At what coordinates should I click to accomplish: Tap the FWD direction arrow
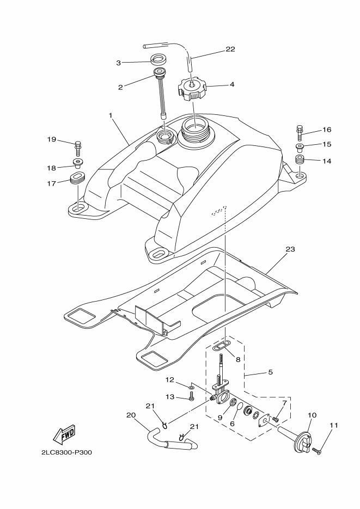click(x=64, y=434)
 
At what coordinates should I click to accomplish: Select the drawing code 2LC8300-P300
click(x=66, y=452)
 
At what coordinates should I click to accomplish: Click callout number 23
click(x=290, y=249)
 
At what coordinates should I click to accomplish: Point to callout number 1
click(x=111, y=115)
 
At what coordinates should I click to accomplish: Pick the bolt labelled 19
click(x=77, y=149)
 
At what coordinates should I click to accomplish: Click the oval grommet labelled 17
click(x=77, y=179)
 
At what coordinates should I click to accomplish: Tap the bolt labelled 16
click(x=300, y=133)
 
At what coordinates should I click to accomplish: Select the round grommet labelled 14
click(x=300, y=161)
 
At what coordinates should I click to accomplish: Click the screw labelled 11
click(x=317, y=451)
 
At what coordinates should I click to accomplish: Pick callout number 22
click(x=230, y=50)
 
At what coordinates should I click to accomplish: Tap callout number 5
click(x=270, y=372)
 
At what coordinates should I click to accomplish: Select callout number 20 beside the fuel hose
click(x=131, y=415)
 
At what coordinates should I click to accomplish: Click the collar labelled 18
click(x=77, y=163)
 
